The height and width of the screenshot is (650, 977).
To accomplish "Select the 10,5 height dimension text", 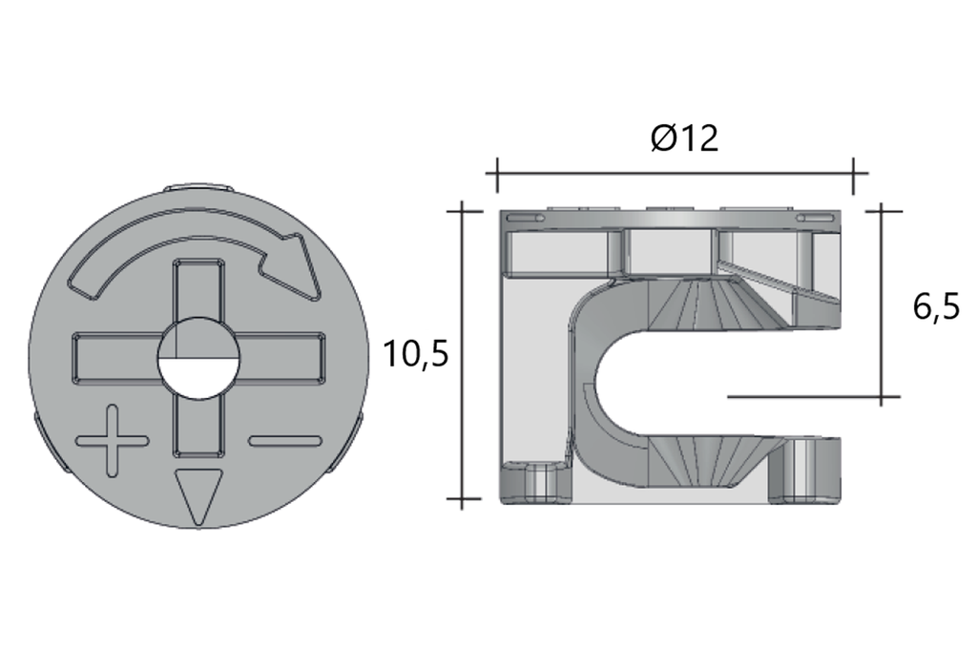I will pos(415,354).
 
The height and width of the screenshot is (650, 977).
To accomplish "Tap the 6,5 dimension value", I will pos(935,307).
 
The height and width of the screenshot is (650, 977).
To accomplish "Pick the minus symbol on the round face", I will pos(283,441).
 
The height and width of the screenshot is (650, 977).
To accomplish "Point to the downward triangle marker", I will pos(197,495).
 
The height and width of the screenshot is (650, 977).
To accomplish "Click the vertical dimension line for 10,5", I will pos(463,354).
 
